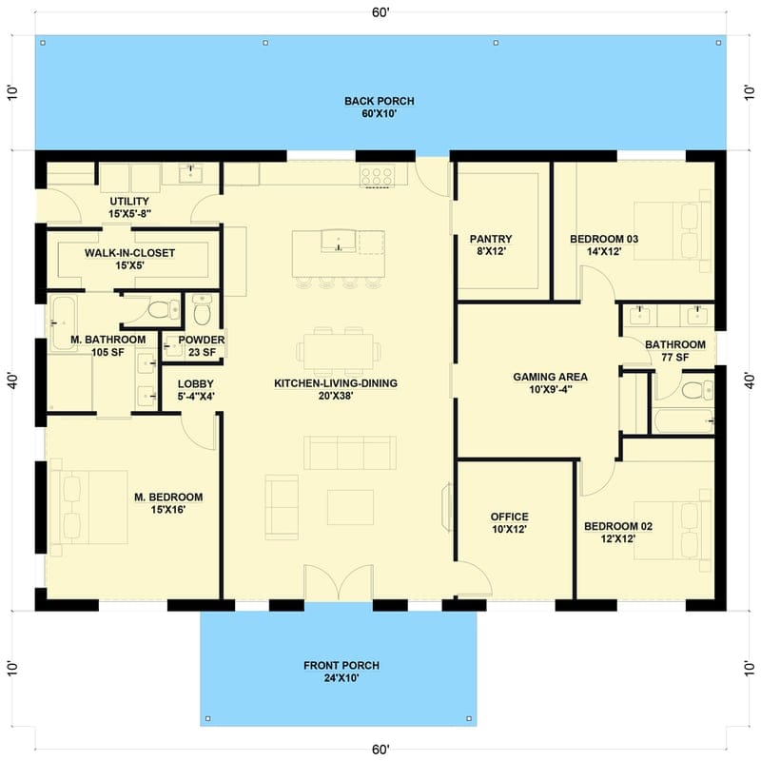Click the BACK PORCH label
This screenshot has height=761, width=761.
coord(380,107)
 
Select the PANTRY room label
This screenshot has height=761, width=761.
coord(491,245)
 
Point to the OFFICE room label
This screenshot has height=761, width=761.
coord(509,523)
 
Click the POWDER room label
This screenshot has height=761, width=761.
coord(202,346)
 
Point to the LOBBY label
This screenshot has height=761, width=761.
coord(196,391)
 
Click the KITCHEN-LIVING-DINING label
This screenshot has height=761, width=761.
coord(336,390)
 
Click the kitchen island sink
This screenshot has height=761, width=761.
coord(335,242)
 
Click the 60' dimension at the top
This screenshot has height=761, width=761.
coord(380,12)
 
